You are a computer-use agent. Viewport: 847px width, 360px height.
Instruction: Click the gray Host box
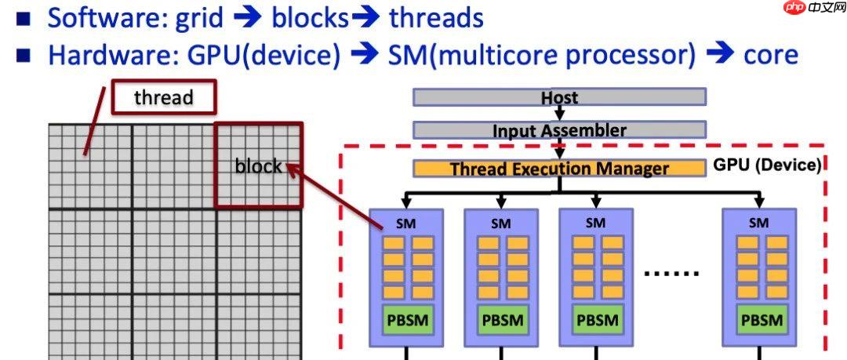(559, 97)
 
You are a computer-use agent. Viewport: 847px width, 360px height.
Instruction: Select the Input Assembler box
(559, 130)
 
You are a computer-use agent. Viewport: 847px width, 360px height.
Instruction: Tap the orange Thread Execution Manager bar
(559, 169)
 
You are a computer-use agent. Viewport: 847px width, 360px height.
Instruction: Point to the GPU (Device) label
(767, 165)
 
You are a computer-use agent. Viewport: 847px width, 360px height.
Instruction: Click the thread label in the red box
(163, 97)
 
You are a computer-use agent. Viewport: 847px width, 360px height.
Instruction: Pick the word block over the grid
(258, 165)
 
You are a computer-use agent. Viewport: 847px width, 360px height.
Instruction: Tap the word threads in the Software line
(436, 17)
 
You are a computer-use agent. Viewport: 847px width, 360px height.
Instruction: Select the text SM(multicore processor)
(542, 54)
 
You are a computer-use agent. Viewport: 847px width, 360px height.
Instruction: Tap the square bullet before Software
(23, 18)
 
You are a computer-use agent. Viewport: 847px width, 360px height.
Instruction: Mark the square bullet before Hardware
(23, 56)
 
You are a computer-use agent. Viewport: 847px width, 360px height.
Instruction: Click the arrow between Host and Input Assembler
(559, 114)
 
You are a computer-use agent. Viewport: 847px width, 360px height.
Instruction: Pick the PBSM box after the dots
(758, 320)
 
